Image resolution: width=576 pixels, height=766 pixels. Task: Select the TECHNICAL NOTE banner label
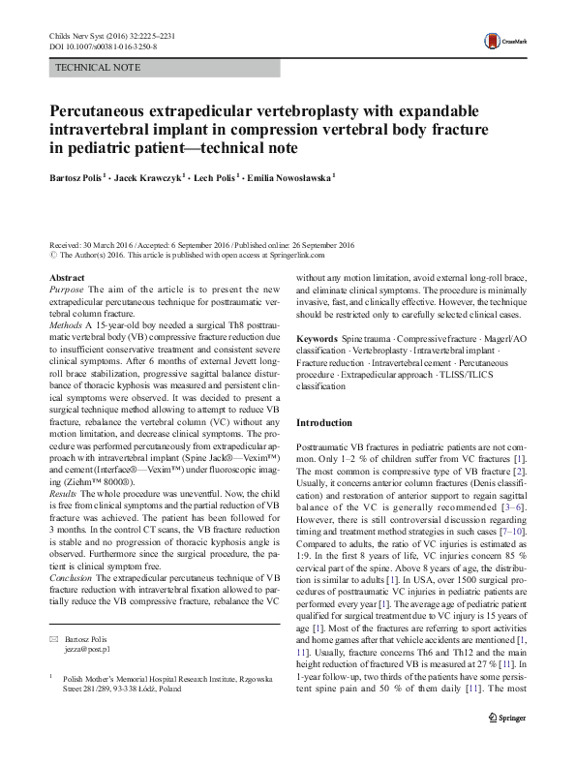pyautogui.click(x=98, y=69)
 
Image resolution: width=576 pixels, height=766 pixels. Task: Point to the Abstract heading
pyautogui.click(x=66, y=278)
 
